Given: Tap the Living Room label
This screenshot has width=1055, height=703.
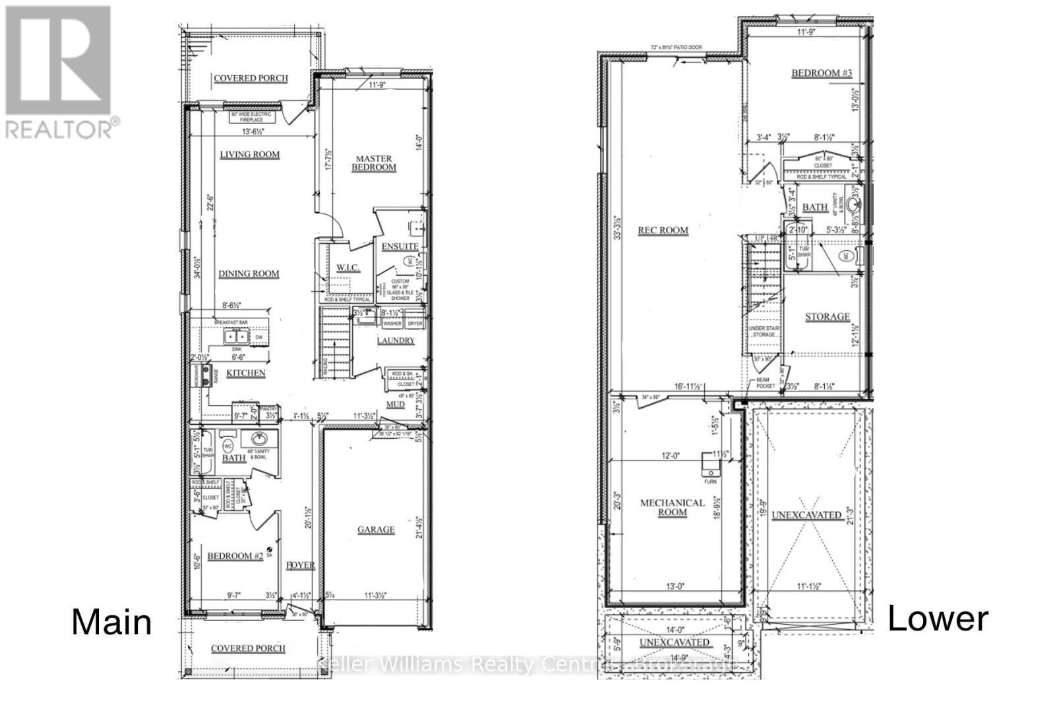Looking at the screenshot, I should [x=249, y=155].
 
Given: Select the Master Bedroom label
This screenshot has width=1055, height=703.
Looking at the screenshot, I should [x=374, y=163].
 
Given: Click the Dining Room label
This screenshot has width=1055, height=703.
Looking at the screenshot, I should [x=249, y=273].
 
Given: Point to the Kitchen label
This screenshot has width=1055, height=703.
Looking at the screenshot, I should [x=245, y=373].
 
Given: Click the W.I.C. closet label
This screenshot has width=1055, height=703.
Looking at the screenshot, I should [x=347, y=267].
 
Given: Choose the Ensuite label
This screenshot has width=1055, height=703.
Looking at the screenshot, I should [x=400, y=246].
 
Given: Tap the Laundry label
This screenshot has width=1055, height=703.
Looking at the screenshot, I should [x=396, y=341].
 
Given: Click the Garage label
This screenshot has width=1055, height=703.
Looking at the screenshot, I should [x=376, y=530].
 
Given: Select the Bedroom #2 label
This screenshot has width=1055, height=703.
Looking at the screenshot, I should [x=235, y=557].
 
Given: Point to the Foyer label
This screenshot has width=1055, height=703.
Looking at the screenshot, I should [x=300, y=565].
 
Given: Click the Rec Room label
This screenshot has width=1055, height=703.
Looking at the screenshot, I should [x=663, y=231].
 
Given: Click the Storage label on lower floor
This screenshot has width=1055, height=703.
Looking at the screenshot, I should [x=828, y=317].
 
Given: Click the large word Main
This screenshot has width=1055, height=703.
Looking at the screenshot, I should [x=111, y=622].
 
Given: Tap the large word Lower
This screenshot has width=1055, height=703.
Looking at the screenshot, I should [x=938, y=619].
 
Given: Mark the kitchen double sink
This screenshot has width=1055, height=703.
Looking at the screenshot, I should [x=232, y=337].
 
